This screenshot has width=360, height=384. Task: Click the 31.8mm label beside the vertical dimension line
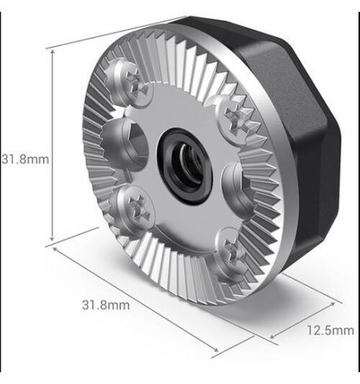tap(24, 158)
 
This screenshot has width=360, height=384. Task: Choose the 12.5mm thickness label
tap(329, 330)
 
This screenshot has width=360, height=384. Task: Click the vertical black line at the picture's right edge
tap(358, 189)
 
